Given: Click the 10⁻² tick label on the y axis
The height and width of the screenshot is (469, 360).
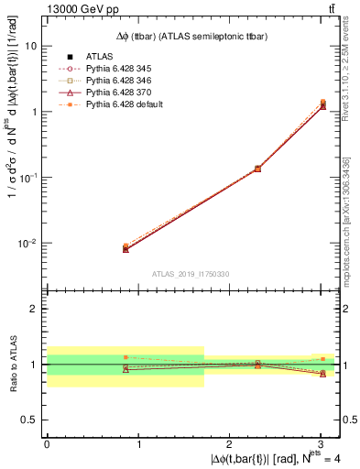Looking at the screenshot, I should click(x=28, y=244).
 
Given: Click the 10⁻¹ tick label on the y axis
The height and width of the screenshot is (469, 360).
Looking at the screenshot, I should click(x=28, y=178).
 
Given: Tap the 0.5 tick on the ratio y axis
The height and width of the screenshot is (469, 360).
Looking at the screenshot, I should click(x=30, y=420).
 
